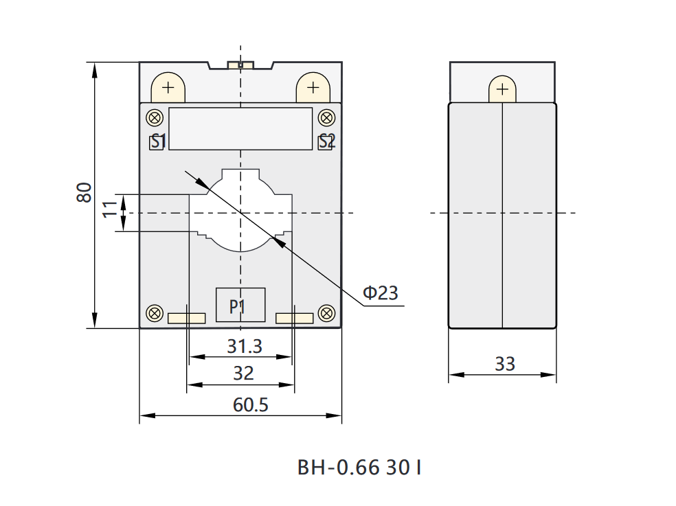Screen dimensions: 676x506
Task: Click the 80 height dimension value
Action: tap(84, 192)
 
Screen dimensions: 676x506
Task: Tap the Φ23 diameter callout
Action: tap(381, 292)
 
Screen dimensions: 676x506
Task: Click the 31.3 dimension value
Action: tap(245, 346)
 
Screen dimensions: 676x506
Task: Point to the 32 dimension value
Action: tap(243, 373)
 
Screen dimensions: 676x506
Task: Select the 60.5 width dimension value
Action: tap(251, 404)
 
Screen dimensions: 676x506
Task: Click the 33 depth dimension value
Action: tap(505, 364)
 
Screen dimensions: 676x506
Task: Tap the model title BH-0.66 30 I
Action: tap(359, 468)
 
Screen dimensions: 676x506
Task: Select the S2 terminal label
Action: tap(327, 141)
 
